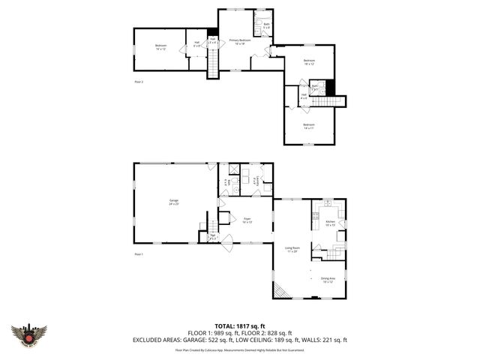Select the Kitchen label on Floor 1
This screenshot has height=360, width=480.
click(x=329, y=223)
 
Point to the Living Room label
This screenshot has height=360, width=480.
click(x=292, y=249)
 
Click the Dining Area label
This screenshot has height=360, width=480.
click(x=328, y=280)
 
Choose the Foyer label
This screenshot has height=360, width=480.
click(x=246, y=220)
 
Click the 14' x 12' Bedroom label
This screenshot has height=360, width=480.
click(x=160, y=48)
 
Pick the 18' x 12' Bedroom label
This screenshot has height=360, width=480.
click(x=309, y=62)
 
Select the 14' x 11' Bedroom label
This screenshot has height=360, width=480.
click(x=308, y=126)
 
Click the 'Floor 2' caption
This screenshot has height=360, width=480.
click(x=138, y=81)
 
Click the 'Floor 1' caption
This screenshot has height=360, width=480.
click(x=138, y=255)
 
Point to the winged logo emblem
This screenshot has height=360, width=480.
click(x=29, y=334)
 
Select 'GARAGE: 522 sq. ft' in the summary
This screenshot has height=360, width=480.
click(x=231, y=340)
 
